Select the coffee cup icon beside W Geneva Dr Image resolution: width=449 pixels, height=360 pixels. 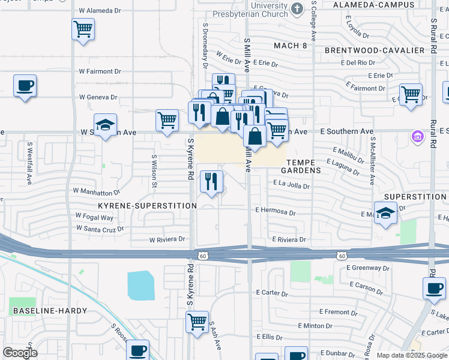point(25,86)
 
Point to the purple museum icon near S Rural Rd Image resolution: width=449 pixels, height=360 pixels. point(418,137)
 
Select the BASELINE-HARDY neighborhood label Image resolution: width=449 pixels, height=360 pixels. point(49,311)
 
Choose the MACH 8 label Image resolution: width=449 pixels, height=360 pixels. point(290,46)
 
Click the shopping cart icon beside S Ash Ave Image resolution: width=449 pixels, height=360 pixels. point(197,322)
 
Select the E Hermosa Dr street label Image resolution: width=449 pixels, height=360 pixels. point(276,212)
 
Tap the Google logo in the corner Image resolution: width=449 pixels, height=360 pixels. point(20,352)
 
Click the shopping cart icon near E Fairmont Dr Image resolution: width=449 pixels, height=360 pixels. point(411,94)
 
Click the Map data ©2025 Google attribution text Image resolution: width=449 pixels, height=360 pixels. point(411,355)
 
